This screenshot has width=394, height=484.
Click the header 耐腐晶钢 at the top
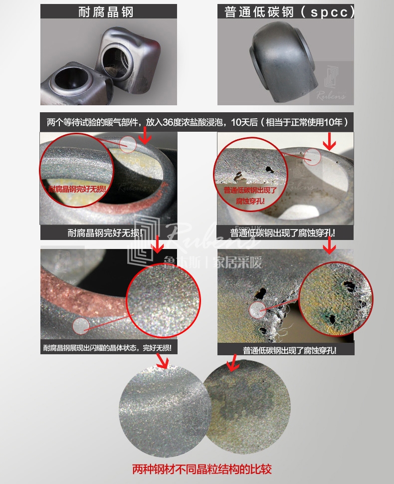[106, 12]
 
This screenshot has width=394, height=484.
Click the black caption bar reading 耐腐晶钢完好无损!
[108, 233]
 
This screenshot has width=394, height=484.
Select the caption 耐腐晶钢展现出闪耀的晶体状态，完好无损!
[108, 348]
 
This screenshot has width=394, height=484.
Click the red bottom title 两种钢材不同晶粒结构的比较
[202, 470]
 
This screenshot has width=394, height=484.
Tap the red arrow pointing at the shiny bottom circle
[162, 363]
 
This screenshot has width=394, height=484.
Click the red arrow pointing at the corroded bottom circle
[232, 363]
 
